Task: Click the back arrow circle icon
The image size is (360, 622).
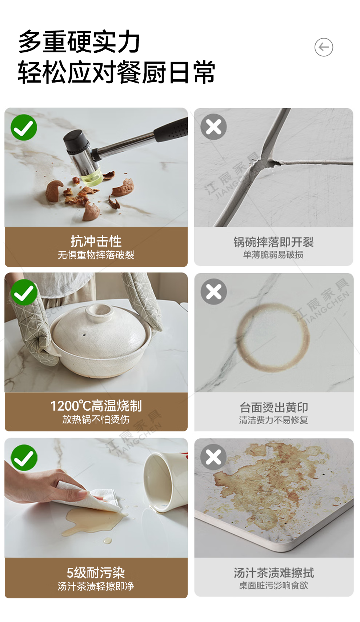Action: pyautogui.click(x=324, y=47)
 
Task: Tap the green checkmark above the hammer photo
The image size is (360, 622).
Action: pyautogui.click(x=24, y=127)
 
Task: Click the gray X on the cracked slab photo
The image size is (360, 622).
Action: pyautogui.click(x=213, y=127)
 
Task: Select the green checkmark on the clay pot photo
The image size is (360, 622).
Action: pyautogui.click(x=24, y=292)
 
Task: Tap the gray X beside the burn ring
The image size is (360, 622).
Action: pyautogui.click(x=214, y=292)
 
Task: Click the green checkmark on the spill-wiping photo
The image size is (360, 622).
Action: pyautogui.click(x=24, y=458)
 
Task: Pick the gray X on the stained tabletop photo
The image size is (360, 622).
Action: pyautogui.click(x=213, y=457)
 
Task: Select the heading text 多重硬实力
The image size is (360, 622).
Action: pyautogui.click(x=79, y=42)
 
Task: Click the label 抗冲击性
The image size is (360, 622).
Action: pyautogui.click(x=96, y=241)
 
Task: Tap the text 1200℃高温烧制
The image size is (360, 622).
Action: pyautogui.click(x=96, y=406)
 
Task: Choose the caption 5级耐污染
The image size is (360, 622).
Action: pyautogui.click(x=96, y=572)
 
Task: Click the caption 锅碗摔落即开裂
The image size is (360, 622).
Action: pyautogui.click(x=274, y=242)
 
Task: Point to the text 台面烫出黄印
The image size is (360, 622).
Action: pyautogui.click(x=274, y=407)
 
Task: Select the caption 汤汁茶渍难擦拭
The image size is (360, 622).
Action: pyautogui.click(x=274, y=573)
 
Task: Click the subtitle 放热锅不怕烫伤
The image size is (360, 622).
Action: pyautogui.click(x=96, y=419)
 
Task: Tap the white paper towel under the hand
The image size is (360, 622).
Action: pyautogui.click(x=92, y=497)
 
